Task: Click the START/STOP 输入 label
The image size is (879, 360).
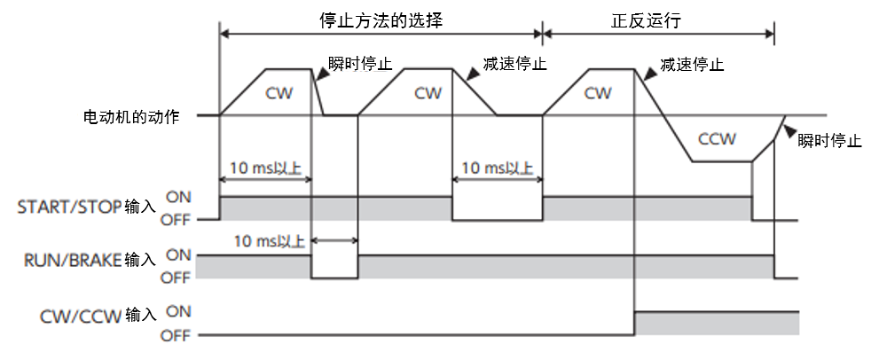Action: [86, 207]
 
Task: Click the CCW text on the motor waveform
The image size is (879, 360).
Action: [717, 139]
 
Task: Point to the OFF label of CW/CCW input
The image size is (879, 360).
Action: [178, 336]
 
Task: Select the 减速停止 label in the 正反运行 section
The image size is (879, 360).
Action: [692, 65]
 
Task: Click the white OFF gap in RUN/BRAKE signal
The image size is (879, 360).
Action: [334, 267]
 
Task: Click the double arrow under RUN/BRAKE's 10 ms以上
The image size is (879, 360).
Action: [334, 241]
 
